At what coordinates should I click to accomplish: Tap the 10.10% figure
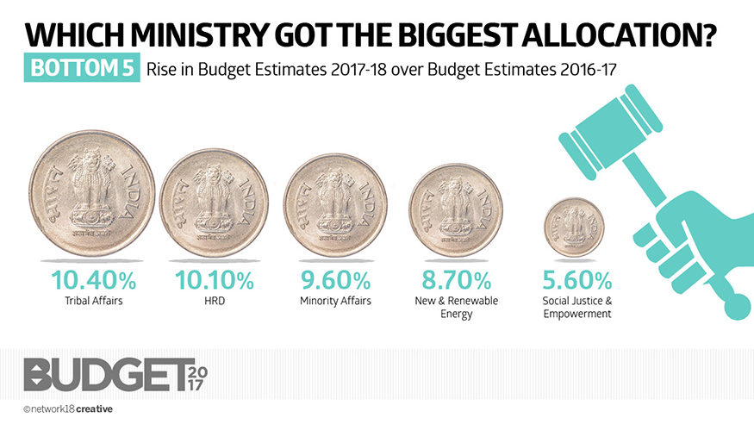coord(215,280)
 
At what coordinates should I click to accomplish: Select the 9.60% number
coord(335,280)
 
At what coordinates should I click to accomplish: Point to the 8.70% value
coord(456,280)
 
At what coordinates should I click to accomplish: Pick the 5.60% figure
coord(576,280)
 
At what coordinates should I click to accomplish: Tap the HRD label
coord(215,301)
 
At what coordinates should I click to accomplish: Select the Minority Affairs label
coord(335,301)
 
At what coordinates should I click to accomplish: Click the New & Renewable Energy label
coord(456,307)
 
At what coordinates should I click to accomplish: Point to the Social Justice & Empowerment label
coord(576,307)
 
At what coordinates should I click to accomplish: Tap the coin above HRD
coord(215,201)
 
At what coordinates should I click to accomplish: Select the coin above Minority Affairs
coord(335,204)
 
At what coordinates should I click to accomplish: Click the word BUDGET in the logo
coord(103,374)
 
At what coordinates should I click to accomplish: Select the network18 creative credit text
coord(68,408)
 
